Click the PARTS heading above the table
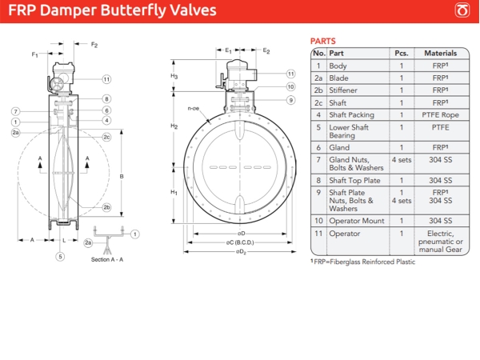click(x=322, y=41)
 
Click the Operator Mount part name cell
click(x=357, y=220)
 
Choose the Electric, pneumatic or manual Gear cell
click(x=440, y=241)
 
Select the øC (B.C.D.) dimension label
click(x=241, y=242)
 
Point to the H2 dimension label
click(x=174, y=126)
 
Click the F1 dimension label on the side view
click(x=35, y=54)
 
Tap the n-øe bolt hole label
click(x=192, y=108)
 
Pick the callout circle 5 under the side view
click(x=59, y=256)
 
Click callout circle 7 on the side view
click(x=15, y=110)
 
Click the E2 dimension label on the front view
click(x=266, y=50)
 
